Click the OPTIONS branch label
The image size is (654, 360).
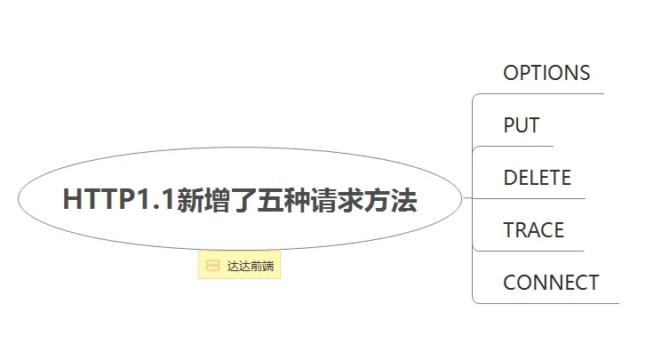coord(546,73)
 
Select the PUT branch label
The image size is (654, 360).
coord(522,125)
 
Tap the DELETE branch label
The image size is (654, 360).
coord(537,178)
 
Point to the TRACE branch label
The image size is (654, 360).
coord(533,230)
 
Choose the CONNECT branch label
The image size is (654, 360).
coord(551,283)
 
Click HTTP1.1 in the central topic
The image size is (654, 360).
coord(119,200)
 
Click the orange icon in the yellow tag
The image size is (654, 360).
coord(212,266)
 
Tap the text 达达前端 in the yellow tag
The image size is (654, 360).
coord(250,266)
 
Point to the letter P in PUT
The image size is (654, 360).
coord(509,125)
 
